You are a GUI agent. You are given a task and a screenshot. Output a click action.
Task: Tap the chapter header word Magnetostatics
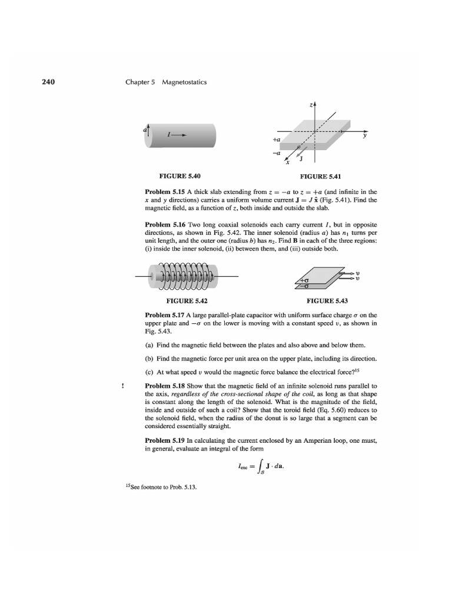(x=182, y=82)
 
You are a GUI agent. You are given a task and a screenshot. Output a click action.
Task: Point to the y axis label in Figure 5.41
(x=365, y=136)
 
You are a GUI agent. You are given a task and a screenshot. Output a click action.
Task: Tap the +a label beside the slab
(x=277, y=140)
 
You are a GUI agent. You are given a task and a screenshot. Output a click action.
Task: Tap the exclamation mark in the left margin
(x=122, y=386)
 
